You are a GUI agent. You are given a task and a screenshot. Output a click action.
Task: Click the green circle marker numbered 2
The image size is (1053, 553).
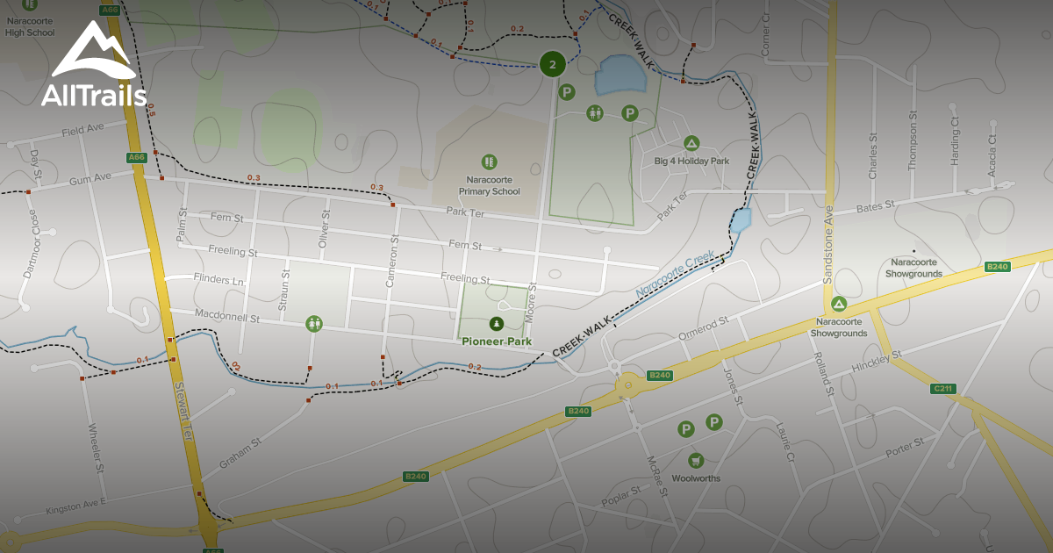pyautogui.click(x=552, y=64)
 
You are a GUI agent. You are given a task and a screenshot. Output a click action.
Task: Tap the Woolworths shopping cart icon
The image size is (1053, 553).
pyautogui.click(x=696, y=460)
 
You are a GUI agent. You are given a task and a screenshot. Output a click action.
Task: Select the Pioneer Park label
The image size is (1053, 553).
pyautogui.click(x=497, y=341)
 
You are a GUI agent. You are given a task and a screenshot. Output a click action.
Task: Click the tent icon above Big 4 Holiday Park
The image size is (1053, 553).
pyautogui.click(x=691, y=143)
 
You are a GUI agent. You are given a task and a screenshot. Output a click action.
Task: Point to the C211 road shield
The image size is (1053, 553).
pyautogui.click(x=943, y=388)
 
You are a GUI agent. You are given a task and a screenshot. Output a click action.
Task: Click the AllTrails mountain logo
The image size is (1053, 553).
pyautogui.click(x=92, y=53)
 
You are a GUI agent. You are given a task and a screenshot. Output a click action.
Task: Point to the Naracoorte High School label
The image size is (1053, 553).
pyautogui.click(x=30, y=27)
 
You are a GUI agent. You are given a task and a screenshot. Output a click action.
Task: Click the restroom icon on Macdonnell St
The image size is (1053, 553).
pyautogui.click(x=315, y=324)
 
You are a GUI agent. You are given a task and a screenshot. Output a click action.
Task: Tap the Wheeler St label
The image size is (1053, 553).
pyautogui.click(x=96, y=449)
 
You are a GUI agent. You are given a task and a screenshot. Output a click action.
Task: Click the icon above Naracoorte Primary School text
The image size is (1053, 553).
pyautogui.click(x=490, y=162)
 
